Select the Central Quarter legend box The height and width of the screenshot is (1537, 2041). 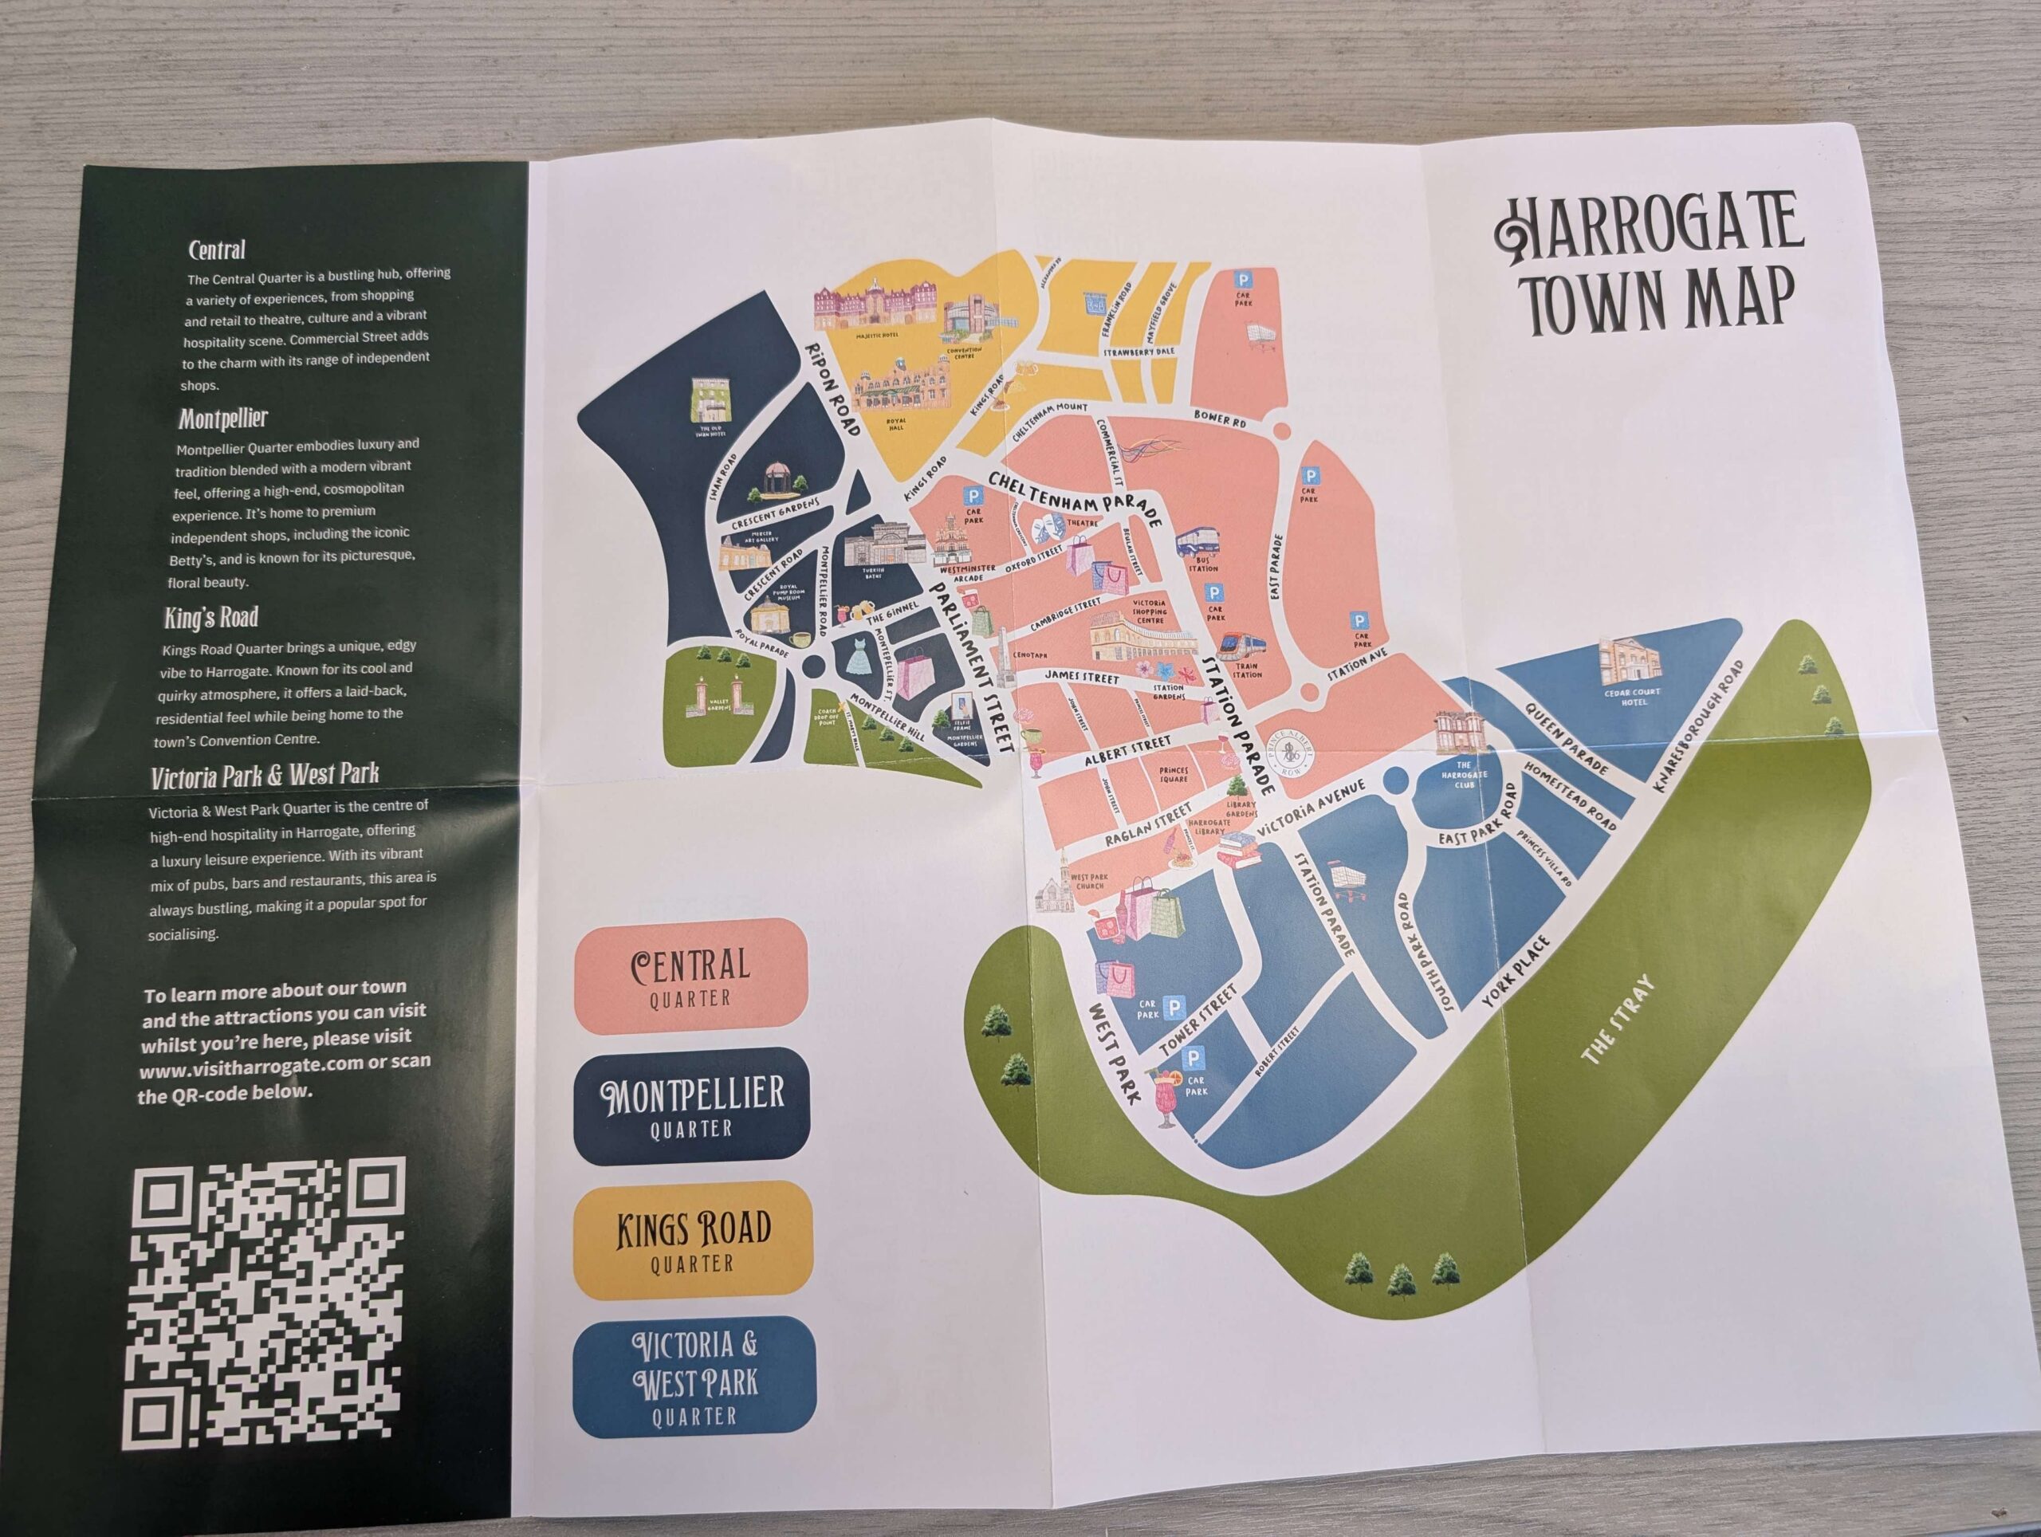tap(690, 975)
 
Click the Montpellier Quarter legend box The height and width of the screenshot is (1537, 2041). tap(692, 1104)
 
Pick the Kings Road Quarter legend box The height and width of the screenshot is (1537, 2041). tap(693, 1239)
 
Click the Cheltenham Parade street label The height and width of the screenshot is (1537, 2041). tap(1074, 499)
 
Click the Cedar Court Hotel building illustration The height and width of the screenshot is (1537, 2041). tap(1629, 662)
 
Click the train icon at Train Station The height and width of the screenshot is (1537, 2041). tap(1242, 647)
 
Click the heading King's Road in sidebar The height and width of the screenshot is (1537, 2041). tap(211, 617)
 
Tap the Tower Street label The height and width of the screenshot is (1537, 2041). tap(1197, 1021)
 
